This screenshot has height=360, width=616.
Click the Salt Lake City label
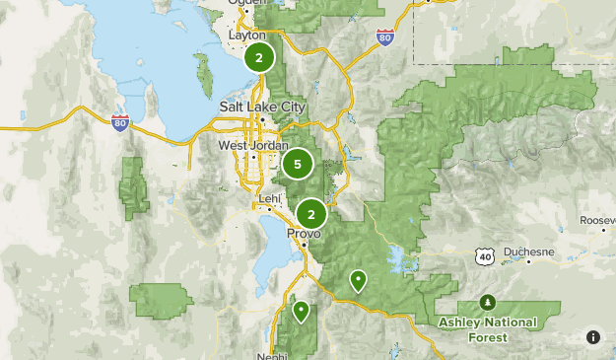(263, 108)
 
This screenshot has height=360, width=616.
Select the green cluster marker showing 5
(298, 165)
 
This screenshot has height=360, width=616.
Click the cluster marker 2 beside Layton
(258, 58)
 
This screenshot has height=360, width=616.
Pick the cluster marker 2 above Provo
(311, 213)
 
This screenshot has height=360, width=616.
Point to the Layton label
(247, 35)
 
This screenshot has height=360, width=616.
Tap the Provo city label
(304, 234)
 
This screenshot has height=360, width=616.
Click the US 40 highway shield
(484, 255)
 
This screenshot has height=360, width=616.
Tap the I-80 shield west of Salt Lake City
(120, 122)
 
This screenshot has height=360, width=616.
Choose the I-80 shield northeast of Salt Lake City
(384, 37)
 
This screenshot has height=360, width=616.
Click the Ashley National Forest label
(488, 329)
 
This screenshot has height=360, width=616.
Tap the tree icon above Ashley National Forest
(487, 302)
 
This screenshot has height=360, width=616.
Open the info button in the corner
(592, 336)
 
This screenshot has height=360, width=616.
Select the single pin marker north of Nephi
(301, 312)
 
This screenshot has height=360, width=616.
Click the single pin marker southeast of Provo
(359, 281)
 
